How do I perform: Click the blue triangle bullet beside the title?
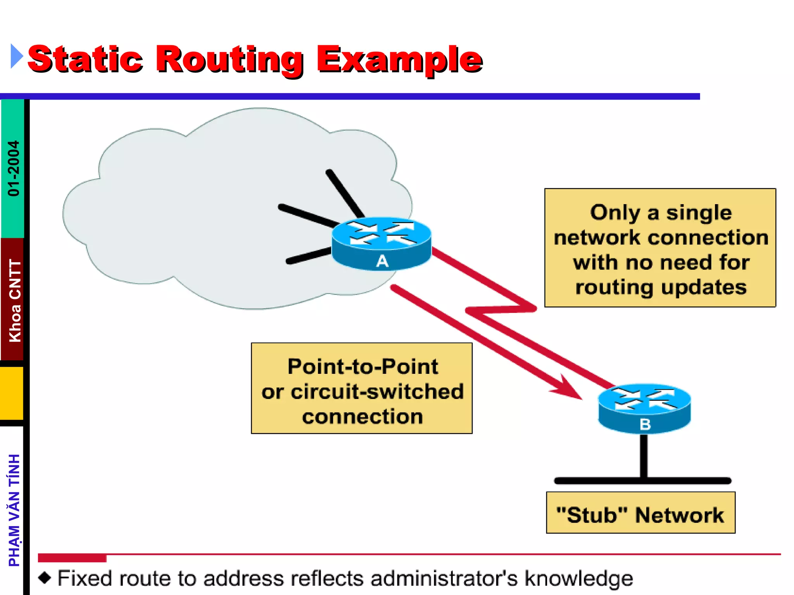[x=16, y=57]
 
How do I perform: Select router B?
[x=644, y=409]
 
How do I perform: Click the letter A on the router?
[x=382, y=261]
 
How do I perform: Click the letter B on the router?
[x=645, y=425]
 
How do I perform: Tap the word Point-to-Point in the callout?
[x=362, y=366]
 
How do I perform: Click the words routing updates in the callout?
[x=661, y=287]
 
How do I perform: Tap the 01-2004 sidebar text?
[x=14, y=168]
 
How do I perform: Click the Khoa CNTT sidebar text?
[x=15, y=300]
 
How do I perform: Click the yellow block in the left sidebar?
[x=12, y=393]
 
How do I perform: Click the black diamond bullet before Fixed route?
[x=45, y=578]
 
